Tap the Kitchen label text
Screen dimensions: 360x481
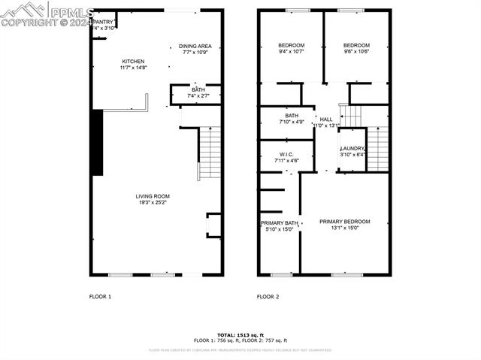pyautogui.click(x=133, y=62)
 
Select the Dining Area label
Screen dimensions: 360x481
pyautogui.click(x=195, y=46)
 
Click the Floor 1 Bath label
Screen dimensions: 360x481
pyautogui.click(x=197, y=90)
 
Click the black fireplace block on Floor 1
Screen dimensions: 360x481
pyautogui.click(x=96, y=142)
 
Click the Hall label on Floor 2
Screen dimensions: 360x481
pyautogui.click(x=325, y=119)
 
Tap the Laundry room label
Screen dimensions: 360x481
pyautogui.click(x=352, y=149)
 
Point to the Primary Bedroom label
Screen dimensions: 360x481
pyautogui.click(x=345, y=222)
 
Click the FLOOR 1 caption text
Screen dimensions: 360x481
pyautogui.click(x=100, y=297)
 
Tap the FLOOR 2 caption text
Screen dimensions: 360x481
pyautogui.click(x=268, y=297)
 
